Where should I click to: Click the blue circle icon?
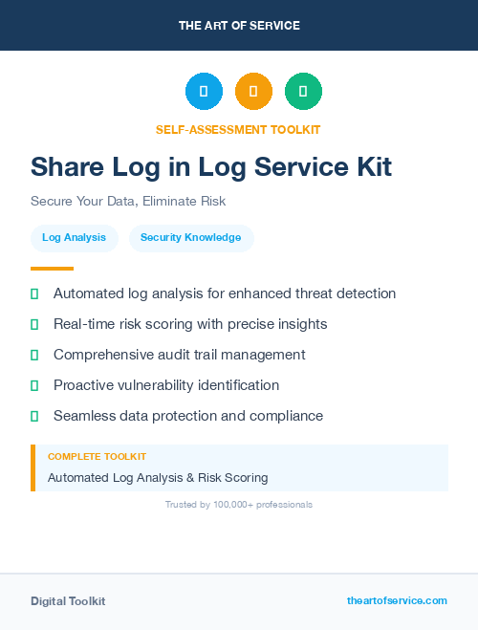pyautogui.click(x=204, y=91)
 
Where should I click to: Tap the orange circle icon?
pyautogui.click(x=253, y=91)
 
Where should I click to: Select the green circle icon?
pyautogui.click(x=303, y=91)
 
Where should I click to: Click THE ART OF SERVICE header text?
pyautogui.click(x=239, y=25)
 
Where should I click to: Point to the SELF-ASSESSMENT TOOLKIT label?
pyautogui.click(x=238, y=129)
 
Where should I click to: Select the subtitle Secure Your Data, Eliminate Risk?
pyautogui.click(x=128, y=202)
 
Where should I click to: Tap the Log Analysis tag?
pyautogui.click(x=75, y=237)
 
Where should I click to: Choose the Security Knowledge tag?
pyautogui.click(x=191, y=237)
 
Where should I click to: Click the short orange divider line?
pyautogui.click(x=52, y=269)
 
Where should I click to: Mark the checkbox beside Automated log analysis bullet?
pyautogui.click(x=34, y=293)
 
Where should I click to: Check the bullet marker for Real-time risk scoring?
pyautogui.click(x=34, y=324)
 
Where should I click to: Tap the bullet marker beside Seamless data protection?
pyautogui.click(x=34, y=416)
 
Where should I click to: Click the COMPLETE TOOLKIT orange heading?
pyautogui.click(x=97, y=457)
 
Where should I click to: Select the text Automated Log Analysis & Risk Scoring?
pyautogui.click(x=158, y=477)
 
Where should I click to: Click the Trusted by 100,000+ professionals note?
pyautogui.click(x=239, y=504)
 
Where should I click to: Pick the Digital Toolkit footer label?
pyautogui.click(x=68, y=600)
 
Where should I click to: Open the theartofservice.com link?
pyautogui.click(x=397, y=600)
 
